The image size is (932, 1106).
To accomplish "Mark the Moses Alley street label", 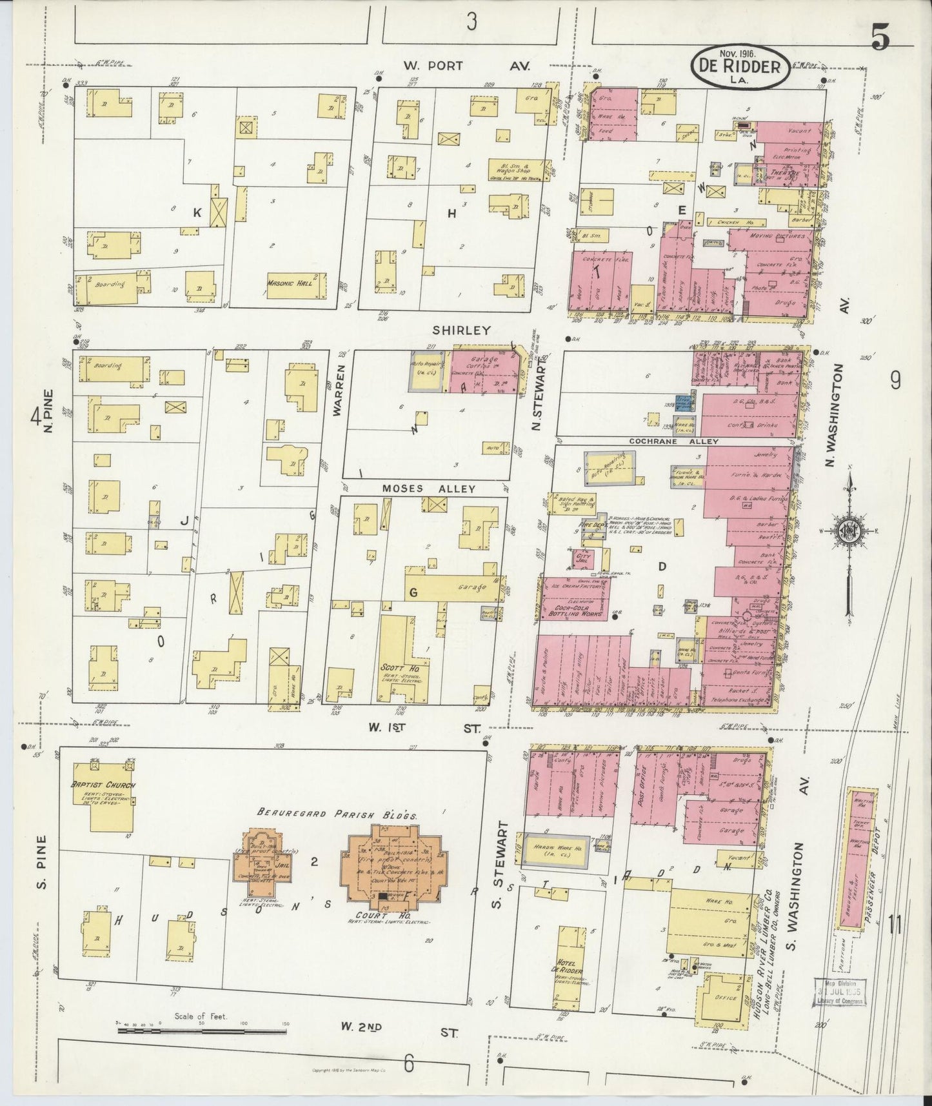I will tap(428, 488).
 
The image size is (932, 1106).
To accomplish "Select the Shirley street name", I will tap(461, 330).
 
